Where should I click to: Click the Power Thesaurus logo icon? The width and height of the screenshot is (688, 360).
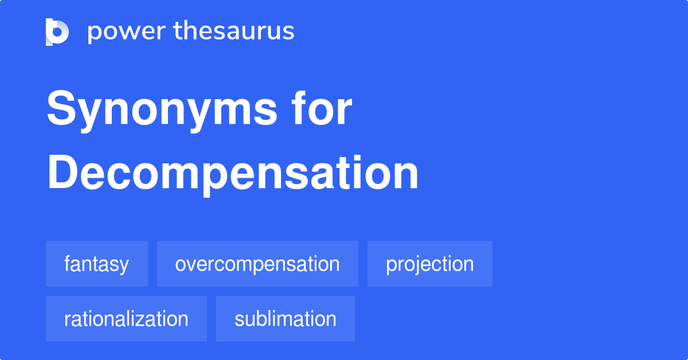[57, 32]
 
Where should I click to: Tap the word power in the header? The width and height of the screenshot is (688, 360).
[126, 32]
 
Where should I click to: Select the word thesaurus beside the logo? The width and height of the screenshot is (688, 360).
[234, 32]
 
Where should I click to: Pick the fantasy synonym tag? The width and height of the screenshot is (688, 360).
[96, 264]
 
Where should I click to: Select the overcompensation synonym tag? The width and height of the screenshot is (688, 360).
[257, 264]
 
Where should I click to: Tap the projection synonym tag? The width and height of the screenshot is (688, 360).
[429, 264]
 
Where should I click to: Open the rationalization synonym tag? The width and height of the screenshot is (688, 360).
[126, 319]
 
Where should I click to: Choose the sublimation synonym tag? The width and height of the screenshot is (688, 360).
[285, 319]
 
